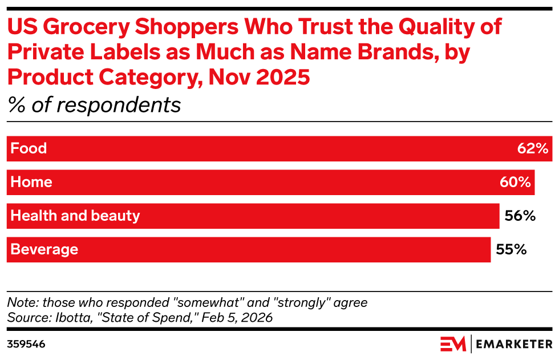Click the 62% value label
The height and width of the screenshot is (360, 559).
point(533,149)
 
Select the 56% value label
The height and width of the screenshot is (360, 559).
point(520,216)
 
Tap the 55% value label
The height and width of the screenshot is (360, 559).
point(511,250)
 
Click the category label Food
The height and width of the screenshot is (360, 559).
point(29,149)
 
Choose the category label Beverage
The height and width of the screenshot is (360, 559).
point(44,250)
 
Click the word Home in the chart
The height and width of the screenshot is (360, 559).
point(31,183)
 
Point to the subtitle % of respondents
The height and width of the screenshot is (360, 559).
point(94,105)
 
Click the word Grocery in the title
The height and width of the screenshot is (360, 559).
point(90,27)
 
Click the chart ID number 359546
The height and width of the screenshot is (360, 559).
point(26,345)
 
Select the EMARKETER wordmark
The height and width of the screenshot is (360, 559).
point(514,344)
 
